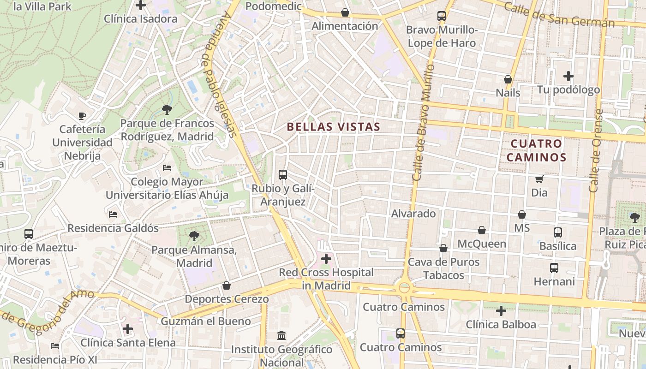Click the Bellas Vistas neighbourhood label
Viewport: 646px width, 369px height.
coord(333,127)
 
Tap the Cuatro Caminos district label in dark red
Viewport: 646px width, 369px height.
coord(537,150)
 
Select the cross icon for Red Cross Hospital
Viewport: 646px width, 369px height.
coord(326,259)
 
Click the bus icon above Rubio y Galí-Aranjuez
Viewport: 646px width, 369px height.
coord(283,175)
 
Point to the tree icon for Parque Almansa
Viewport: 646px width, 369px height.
coord(194,236)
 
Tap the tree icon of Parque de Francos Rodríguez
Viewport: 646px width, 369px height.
coord(167,109)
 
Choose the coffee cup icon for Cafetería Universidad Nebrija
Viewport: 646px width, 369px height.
coord(82,115)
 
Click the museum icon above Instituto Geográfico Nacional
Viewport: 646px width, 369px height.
coord(281,335)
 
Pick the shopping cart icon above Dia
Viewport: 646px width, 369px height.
coord(539,179)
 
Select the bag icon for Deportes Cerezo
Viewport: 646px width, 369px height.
coord(227,286)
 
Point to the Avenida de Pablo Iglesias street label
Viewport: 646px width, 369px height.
coord(220,74)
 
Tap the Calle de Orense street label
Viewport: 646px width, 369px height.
coord(596,150)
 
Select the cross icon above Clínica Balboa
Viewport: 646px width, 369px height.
coord(501,311)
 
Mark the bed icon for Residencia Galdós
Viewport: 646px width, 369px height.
coord(113,214)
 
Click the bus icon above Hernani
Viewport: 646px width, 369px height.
coord(554,268)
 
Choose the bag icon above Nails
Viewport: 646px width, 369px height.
coord(508,79)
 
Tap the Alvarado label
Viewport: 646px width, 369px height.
coord(413,214)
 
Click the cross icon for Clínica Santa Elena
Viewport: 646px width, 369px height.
coord(128,329)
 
